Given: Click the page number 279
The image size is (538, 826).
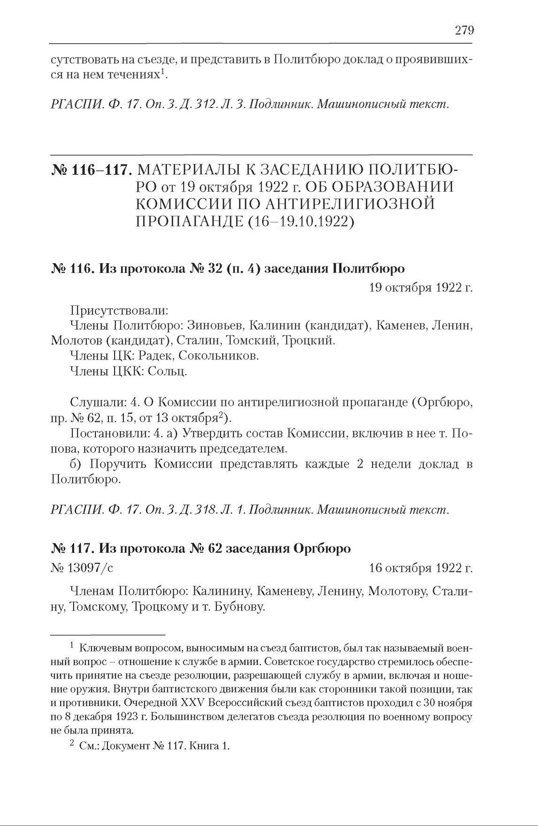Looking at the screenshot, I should [464, 31].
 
